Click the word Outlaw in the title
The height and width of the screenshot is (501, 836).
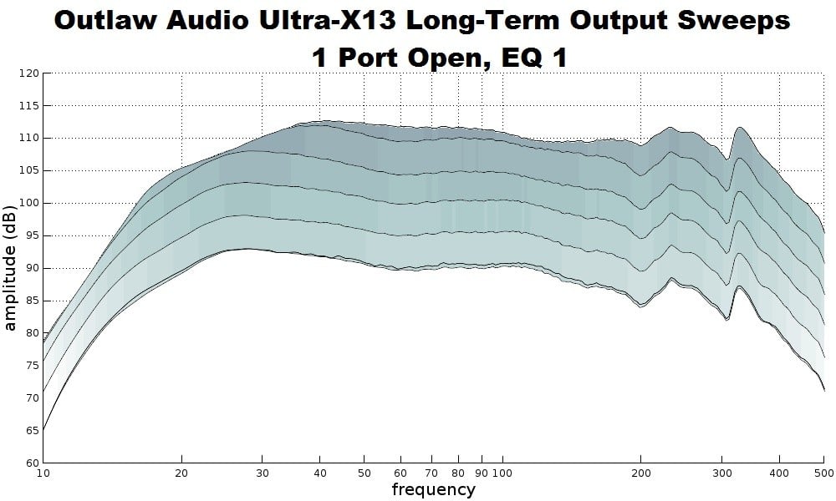point(111,21)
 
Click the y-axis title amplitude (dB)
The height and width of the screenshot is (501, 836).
point(10,266)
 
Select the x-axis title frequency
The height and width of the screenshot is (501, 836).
point(433,489)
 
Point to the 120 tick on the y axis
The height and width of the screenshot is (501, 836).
point(29,73)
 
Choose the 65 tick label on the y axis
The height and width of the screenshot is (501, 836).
point(32,431)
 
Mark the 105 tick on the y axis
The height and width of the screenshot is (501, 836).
point(29,171)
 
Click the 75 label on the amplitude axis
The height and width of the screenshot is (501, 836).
point(32,366)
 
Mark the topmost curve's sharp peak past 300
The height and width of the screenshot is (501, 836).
point(740,128)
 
